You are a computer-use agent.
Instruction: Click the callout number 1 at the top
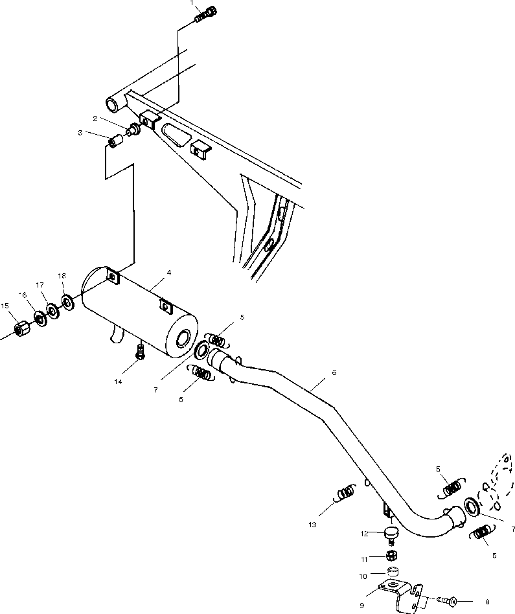coord(192,3)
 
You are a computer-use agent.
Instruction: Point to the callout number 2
coord(95,119)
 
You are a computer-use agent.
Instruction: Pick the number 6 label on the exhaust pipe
coord(334,373)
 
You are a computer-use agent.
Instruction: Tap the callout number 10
coord(363,576)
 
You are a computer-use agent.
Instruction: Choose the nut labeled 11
coord(391,556)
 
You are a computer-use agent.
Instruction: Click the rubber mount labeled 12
coord(391,534)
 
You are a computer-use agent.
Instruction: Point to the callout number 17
coord(40,285)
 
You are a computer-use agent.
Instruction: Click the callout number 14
coord(118,382)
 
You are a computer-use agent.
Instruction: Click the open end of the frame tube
coord(113,104)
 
